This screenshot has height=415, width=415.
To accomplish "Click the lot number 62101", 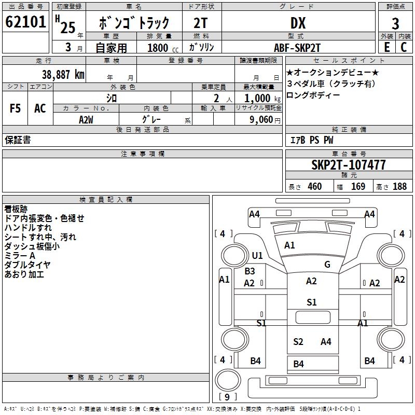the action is (x=25, y=22).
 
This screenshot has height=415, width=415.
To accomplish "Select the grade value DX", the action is (x=298, y=23).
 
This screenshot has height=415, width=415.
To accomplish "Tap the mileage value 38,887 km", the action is (x=63, y=75).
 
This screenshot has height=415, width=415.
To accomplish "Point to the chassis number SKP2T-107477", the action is (x=348, y=165).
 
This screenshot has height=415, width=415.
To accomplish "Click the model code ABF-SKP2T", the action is (x=297, y=48).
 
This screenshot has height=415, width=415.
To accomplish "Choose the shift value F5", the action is (x=15, y=108).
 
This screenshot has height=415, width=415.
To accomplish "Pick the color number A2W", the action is (x=86, y=120).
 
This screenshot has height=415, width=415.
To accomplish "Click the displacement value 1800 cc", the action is (x=163, y=48).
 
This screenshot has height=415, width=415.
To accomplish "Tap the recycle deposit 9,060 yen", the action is (x=265, y=120).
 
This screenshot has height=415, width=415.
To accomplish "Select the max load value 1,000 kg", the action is (x=262, y=98).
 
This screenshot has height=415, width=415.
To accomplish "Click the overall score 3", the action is (x=395, y=23).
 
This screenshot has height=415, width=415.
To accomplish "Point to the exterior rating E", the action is (x=387, y=47).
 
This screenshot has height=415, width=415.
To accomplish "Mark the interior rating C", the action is (x=404, y=47).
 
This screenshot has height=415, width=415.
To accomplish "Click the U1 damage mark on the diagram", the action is (x=257, y=255).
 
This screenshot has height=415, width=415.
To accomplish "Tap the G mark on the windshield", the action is (x=327, y=264).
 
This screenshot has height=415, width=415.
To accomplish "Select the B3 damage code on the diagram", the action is (x=250, y=271).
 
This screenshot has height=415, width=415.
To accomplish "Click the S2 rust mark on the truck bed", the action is (x=298, y=342).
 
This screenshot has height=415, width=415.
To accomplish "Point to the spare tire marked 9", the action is (x=228, y=380).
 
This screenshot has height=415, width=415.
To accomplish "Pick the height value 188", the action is (x=399, y=186).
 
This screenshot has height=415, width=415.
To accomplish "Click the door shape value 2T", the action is (x=200, y=23).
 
